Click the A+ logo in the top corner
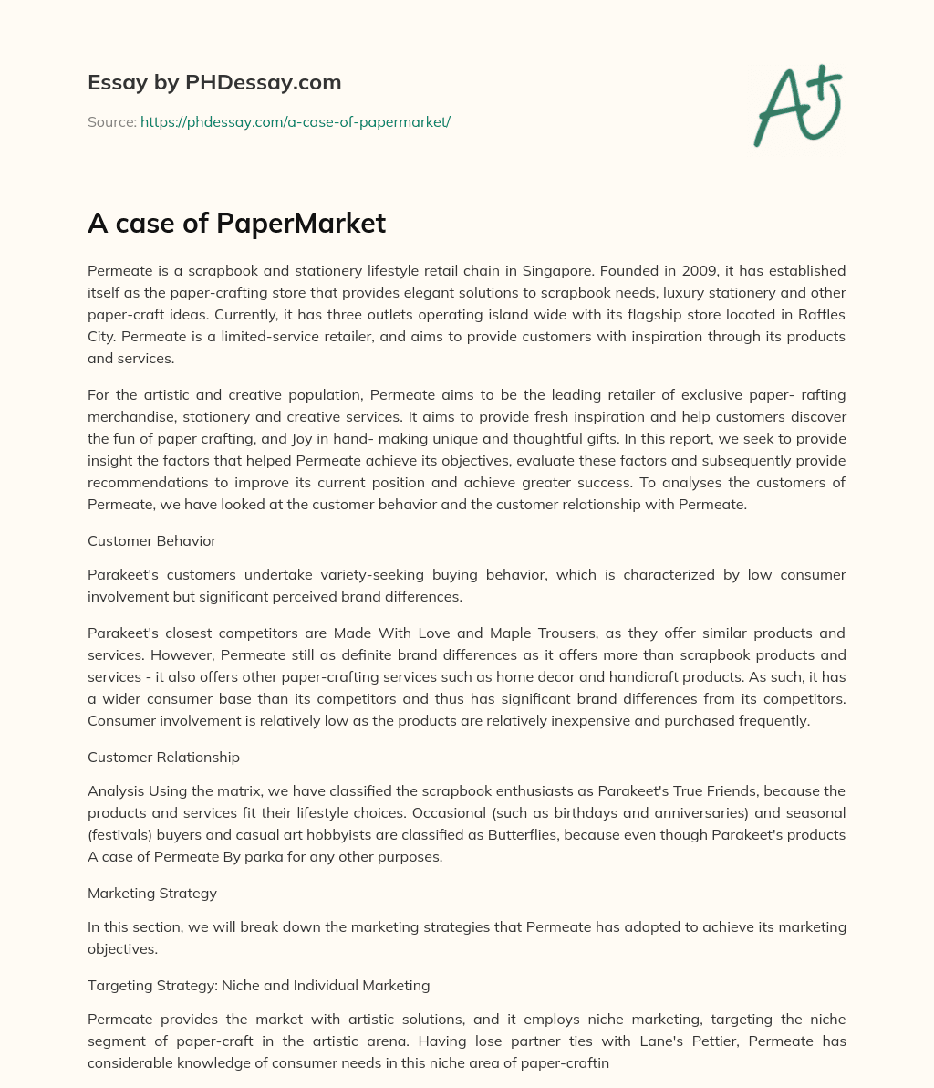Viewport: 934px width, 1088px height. (797, 106)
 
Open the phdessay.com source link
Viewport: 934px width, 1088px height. (296, 121)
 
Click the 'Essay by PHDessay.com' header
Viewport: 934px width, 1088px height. (214, 82)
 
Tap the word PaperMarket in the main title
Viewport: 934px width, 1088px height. (301, 224)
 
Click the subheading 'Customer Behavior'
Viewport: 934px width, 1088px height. (151, 540)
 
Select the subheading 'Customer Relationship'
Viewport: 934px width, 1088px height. (163, 757)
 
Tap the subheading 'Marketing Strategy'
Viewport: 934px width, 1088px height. (152, 893)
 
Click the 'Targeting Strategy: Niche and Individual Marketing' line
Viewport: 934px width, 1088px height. (258, 985)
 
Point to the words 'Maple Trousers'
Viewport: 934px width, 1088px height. (587, 633)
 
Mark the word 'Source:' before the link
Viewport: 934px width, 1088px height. (111, 121)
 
